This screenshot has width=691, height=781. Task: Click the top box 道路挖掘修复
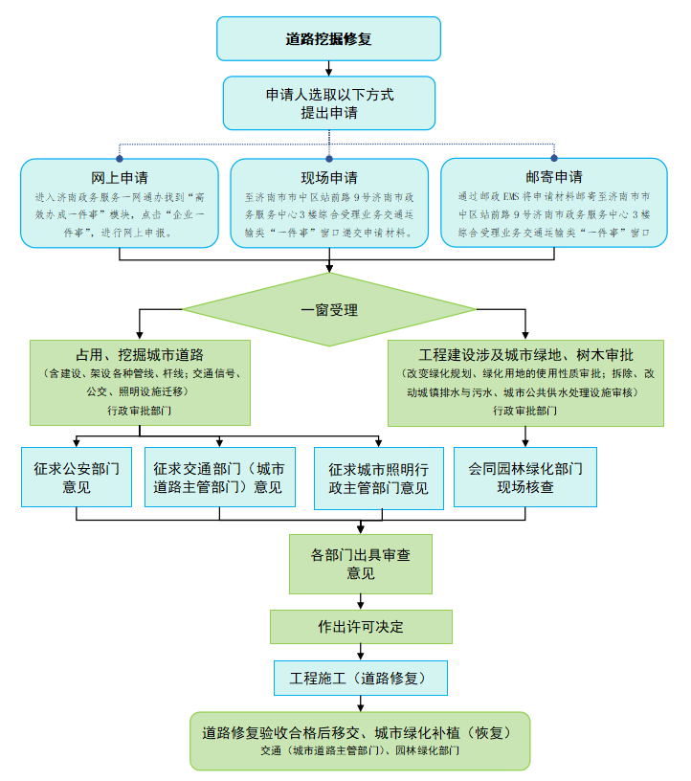pos(328,39)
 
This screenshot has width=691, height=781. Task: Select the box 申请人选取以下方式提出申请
pos(328,103)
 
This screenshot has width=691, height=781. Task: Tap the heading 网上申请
pos(119,177)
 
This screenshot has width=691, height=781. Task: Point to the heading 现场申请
pos(328,177)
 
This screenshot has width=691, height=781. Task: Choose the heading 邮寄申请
pos(553,177)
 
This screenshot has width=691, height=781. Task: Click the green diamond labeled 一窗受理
pos(328,310)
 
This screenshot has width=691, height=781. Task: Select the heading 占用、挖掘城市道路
pos(140,355)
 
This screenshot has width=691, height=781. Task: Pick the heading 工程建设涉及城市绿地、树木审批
pos(524,355)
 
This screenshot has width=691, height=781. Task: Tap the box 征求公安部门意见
pos(76,478)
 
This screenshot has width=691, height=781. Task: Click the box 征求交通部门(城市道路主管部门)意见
pos(218,478)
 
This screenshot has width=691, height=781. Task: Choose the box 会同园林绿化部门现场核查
pos(524,478)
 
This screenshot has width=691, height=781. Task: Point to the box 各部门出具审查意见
pos(360,564)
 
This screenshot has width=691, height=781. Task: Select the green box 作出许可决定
pos(360,627)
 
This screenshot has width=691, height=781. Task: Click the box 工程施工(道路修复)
pos(360,678)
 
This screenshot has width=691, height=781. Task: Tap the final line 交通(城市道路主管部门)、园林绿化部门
pos(360,752)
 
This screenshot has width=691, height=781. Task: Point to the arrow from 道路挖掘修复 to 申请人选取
pos(328,68)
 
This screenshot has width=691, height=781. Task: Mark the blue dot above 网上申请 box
pos(120,158)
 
